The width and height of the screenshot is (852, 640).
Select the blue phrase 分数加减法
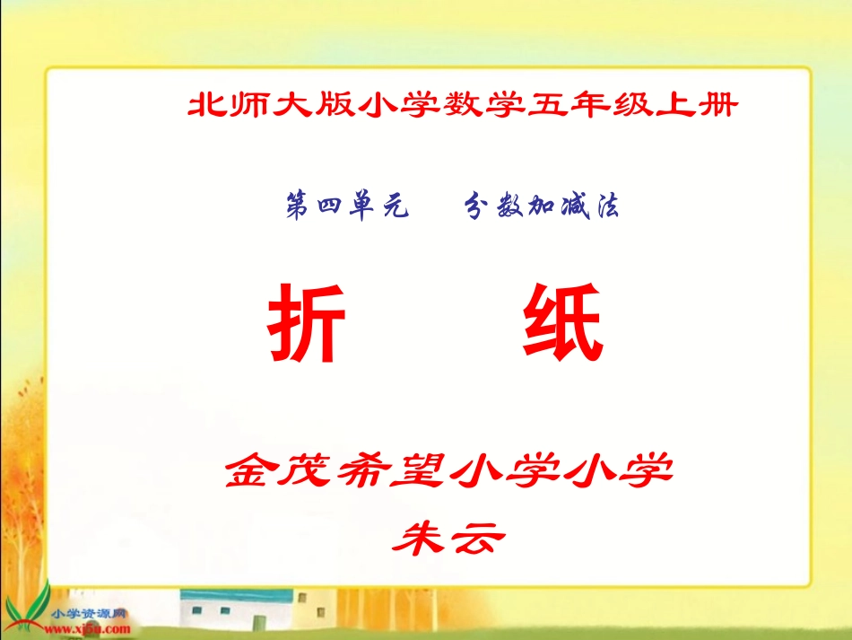coord(542,207)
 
